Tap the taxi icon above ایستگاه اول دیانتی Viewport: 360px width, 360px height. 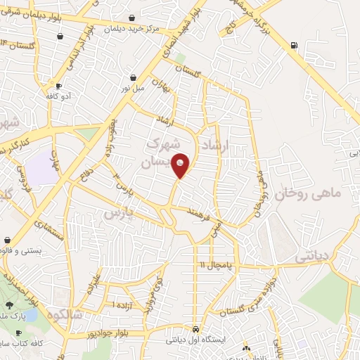tap(195, 329)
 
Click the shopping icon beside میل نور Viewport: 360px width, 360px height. tap(133, 77)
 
